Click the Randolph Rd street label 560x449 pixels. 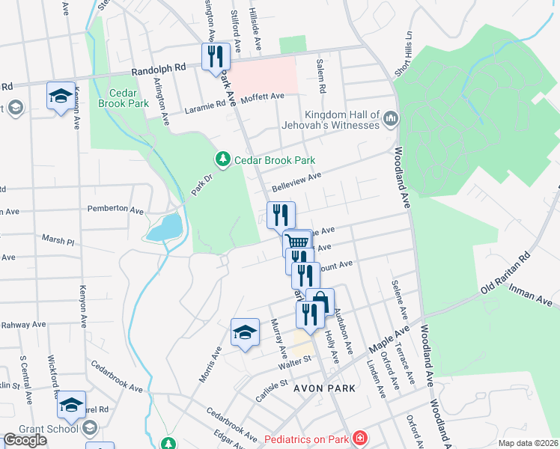click(x=158, y=67)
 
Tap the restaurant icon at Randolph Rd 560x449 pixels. click(x=215, y=56)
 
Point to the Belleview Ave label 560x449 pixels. click(x=296, y=181)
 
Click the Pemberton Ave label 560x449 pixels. click(x=115, y=210)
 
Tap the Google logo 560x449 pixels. click(x=25, y=440)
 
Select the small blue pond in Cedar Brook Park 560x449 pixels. click(x=166, y=227)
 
